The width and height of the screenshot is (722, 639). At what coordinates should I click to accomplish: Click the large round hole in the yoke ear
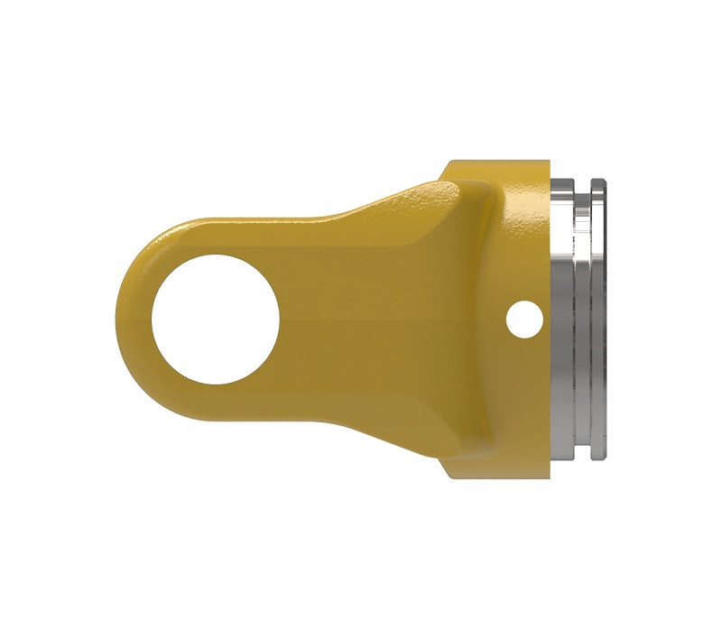pyautogui.click(x=214, y=319)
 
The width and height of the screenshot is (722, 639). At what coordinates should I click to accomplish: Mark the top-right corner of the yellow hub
pyautogui.click(x=547, y=163)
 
